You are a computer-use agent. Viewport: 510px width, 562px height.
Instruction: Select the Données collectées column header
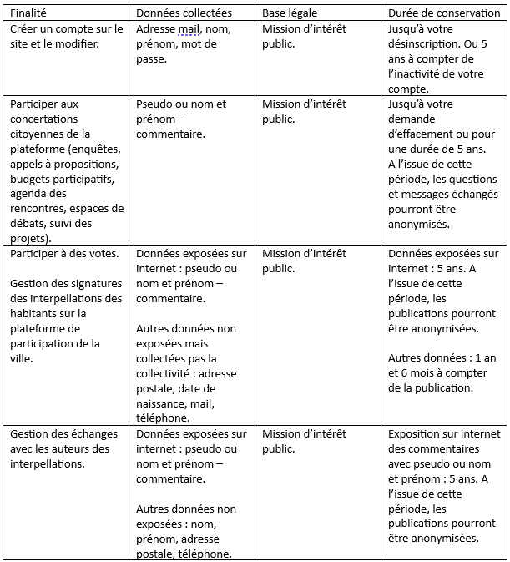tap(184, 13)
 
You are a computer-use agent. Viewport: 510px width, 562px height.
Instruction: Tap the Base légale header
tap(291, 13)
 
